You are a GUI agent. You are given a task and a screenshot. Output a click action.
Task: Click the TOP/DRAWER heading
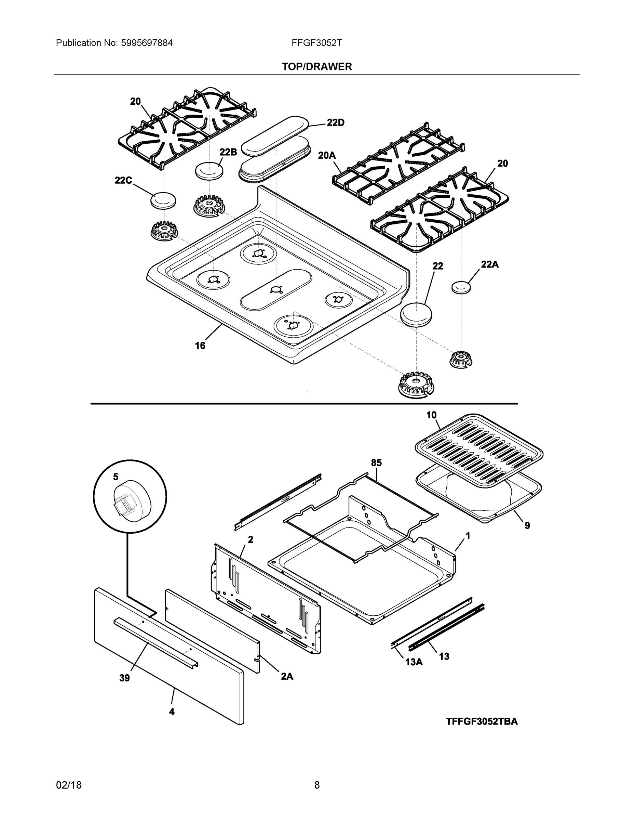point(316,67)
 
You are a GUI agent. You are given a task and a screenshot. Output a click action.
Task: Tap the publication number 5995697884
point(147,43)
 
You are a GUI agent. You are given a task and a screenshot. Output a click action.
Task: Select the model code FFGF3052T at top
point(316,43)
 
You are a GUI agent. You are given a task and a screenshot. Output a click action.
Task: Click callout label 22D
point(335,122)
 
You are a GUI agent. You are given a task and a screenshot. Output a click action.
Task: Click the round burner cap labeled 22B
point(209,171)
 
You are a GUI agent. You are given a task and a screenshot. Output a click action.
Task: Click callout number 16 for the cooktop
point(200,346)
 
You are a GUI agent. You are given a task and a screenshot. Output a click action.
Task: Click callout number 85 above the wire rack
point(376,463)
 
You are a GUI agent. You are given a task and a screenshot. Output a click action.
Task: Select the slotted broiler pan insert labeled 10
point(479,448)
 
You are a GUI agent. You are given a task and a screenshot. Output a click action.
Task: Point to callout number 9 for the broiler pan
point(527,525)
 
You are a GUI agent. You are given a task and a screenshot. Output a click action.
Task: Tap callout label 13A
point(414,662)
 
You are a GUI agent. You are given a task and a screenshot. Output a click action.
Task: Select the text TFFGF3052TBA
point(482,721)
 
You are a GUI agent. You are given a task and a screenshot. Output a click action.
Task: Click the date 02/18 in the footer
point(69,785)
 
